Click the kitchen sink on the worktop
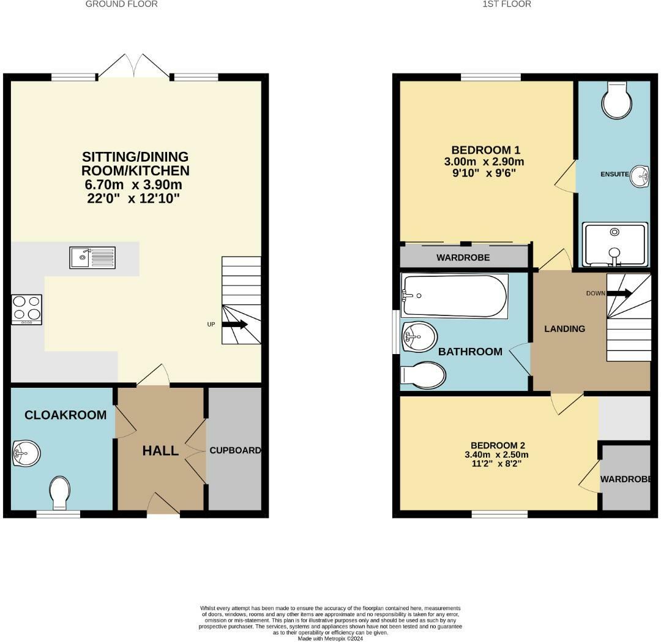tap(92, 257)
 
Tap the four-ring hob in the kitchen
tap(27, 309)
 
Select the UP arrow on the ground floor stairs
tap(234, 325)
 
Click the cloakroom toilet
tap(59, 493)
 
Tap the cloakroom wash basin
tap(26, 453)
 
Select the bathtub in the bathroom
tap(454, 296)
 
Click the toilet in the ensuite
tap(617, 100)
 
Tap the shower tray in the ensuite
tap(615, 244)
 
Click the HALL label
tap(160, 450)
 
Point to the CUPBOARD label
tap(235, 450)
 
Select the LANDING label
tap(564, 328)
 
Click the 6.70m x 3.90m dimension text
tap(133, 184)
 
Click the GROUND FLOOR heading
tap(121, 4)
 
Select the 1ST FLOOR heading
tap(507, 4)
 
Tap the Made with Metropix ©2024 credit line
tap(330, 638)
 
